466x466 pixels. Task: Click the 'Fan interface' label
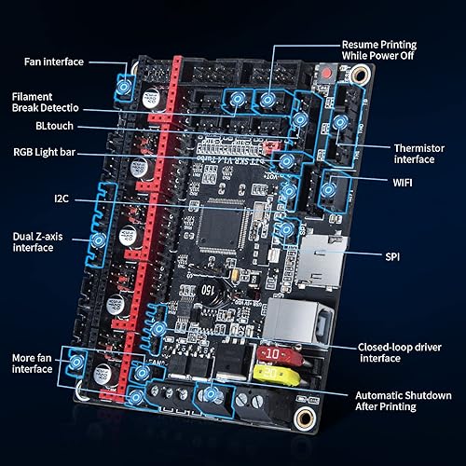pos(53,62)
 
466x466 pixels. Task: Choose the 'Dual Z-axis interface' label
pos(37,242)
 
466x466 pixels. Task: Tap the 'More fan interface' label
pos(32,363)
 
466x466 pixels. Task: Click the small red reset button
pos(327,73)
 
